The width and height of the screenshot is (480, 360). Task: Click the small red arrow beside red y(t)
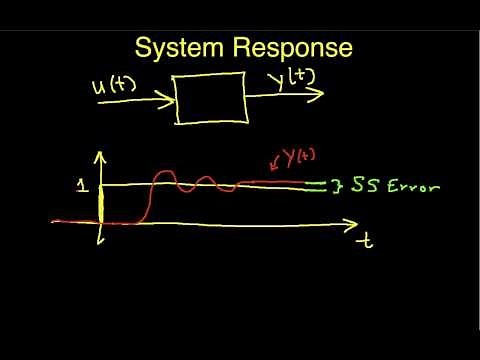click(x=273, y=164)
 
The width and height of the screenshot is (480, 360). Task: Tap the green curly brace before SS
click(x=340, y=186)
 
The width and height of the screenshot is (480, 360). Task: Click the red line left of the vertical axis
click(x=75, y=221)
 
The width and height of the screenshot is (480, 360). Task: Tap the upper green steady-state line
click(x=318, y=182)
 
